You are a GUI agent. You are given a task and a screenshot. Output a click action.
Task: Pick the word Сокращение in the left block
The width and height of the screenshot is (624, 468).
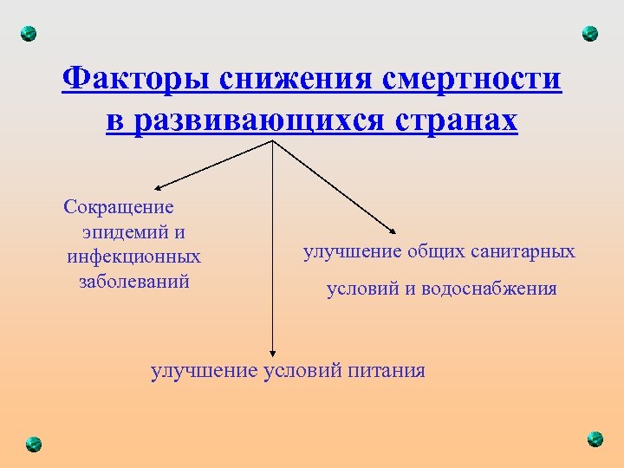click(x=119, y=207)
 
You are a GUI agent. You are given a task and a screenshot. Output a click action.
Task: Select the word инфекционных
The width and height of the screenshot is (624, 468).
click(x=133, y=257)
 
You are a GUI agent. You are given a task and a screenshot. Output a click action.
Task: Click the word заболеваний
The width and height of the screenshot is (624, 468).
click(x=133, y=282)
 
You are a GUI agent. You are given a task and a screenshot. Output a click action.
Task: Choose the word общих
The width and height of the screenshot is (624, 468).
click(x=438, y=252)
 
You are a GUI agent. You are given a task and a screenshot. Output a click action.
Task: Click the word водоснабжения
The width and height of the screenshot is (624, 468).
click(x=489, y=289)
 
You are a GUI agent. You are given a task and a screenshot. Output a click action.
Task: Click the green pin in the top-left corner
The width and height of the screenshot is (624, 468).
click(x=29, y=35)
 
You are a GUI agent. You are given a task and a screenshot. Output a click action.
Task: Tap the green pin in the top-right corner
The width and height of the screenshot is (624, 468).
click(x=589, y=34)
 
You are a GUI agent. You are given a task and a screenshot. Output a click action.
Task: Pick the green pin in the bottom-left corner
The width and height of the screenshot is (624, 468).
click(x=33, y=442)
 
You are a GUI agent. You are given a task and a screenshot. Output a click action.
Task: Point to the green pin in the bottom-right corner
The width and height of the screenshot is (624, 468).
click(x=594, y=439)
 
